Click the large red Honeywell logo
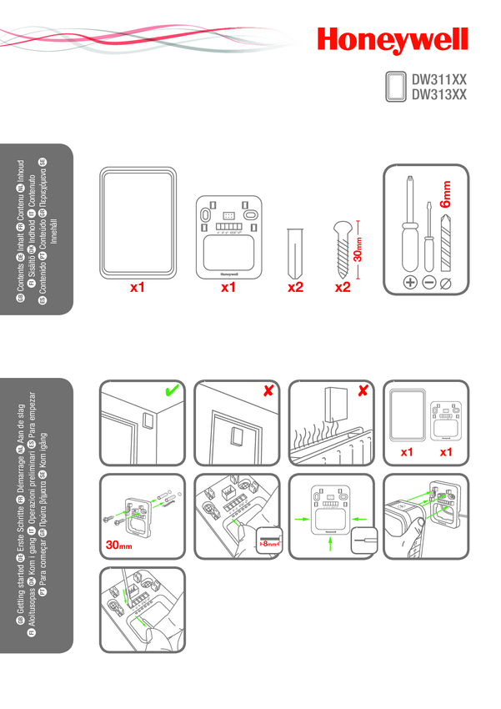pyautogui.click(x=391, y=41)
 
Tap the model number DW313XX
pyautogui.click(x=439, y=94)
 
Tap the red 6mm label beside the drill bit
pyautogui.click(x=447, y=193)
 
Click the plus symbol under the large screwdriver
pyautogui.click(x=410, y=283)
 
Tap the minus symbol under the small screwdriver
pyautogui.click(x=428, y=283)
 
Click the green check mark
pyautogui.click(x=173, y=391)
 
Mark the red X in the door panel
pyautogui.click(x=268, y=391)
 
